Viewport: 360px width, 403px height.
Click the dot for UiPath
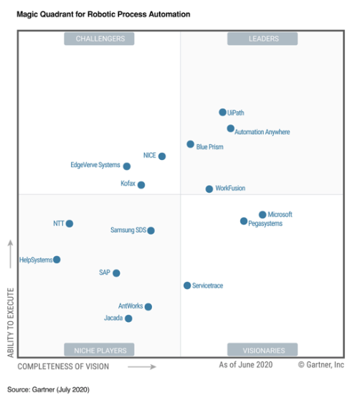click(x=222, y=112)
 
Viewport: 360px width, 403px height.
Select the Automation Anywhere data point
click(x=230, y=128)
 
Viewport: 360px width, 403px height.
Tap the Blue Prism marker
click(x=190, y=144)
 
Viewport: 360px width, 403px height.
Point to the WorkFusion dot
click(x=209, y=189)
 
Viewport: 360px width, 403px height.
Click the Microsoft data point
click(x=262, y=214)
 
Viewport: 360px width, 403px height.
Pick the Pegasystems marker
click(x=244, y=222)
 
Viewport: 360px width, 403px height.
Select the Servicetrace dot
click(x=187, y=285)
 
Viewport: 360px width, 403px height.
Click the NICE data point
click(x=162, y=156)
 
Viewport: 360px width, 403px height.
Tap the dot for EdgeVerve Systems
click(x=127, y=166)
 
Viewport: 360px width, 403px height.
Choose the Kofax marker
click(x=141, y=184)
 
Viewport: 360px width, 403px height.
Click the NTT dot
click(x=70, y=223)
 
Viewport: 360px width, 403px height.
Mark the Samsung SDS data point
click(x=151, y=230)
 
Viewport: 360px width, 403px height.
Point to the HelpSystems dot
click(x=57, y=260)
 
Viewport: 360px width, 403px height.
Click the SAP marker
click(x=116, y=272)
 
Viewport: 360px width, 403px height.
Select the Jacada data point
click(x=128, y=318)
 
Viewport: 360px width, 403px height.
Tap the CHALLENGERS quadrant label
click(x=100, y=39)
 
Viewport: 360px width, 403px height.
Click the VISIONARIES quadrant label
click(x=263, y=350)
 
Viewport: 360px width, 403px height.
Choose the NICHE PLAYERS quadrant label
click(x=100, y=350)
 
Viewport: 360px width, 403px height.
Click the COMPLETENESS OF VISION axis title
click(x=63, y=366)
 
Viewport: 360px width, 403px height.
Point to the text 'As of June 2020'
click(x=246, y=365)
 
